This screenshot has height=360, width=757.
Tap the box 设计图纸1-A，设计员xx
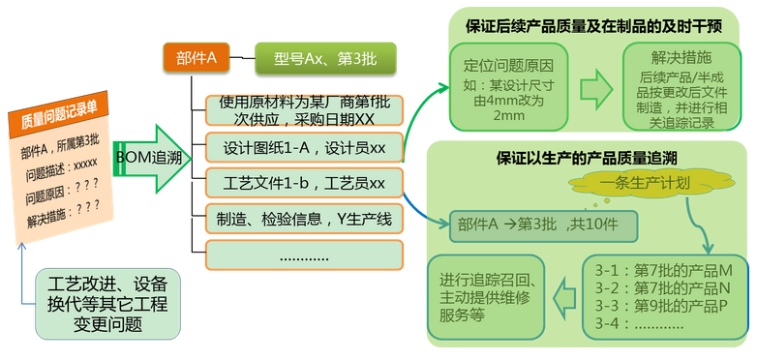coord(304,148)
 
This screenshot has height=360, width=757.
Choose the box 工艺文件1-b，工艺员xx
coord(304,183)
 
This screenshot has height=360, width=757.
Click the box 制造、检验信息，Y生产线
coord(304,219)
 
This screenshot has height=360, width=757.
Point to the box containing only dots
coord(304,255)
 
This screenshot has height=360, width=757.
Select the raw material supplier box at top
coord(304,109)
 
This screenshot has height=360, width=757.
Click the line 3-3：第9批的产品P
coord(663,306)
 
